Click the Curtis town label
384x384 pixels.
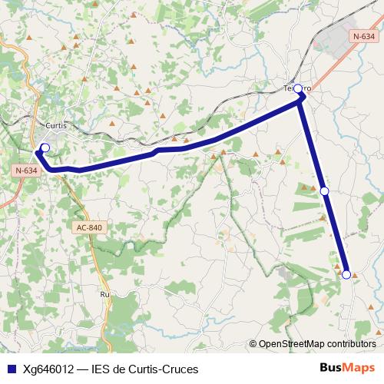pos(57,125)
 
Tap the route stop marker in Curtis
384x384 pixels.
pos(45,147)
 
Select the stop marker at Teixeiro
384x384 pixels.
pos(298,89)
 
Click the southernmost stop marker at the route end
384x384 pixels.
pos(346,274)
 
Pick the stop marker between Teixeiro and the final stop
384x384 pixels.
pos(324,190)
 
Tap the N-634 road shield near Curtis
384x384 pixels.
pos(25,170)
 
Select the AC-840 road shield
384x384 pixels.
pos(89,227)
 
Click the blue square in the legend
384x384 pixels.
pos(11,369)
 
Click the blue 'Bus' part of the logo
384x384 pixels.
pos(333,368)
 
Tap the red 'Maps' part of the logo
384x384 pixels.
pos(360,368)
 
